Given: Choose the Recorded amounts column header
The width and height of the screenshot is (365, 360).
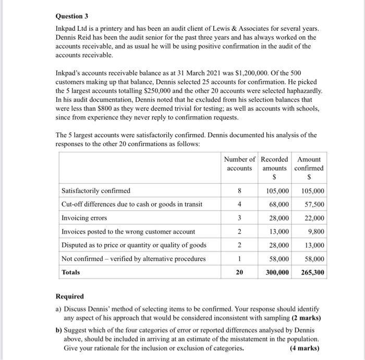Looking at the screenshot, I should pos(274,164).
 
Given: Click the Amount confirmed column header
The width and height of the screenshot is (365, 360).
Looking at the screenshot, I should pos(309,164).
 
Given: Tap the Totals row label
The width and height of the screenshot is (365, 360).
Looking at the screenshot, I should pos(71,272).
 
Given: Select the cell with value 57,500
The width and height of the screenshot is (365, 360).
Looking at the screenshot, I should pos(313,204).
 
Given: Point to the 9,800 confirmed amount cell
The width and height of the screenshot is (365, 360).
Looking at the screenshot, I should pos(315,231).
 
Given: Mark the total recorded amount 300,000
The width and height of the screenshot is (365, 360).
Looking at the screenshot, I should pos(278,272).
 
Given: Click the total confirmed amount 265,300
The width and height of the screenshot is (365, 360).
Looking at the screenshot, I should pos(312,272).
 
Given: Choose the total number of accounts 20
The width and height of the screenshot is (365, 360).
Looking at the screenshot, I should pos(239,272).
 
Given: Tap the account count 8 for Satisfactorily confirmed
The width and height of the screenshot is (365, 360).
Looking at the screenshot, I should pos(239,190).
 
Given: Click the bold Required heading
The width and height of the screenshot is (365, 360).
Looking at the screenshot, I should pos(70,296).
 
